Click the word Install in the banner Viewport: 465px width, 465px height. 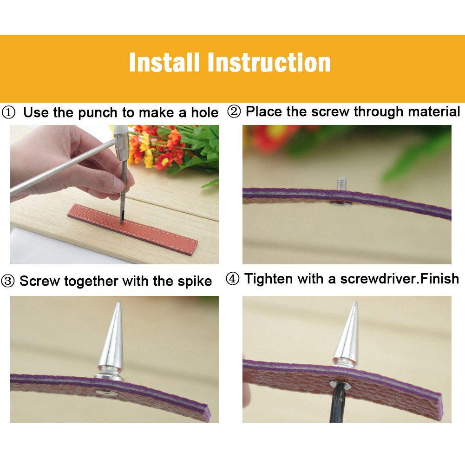click(x=164, y=62)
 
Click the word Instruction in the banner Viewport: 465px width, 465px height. click(x=269, y=62)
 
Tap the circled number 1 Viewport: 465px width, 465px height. click(x=8, y=113)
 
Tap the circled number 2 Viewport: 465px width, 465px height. click(x=234, y=112)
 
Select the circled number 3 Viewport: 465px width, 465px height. click(x=8, y=281)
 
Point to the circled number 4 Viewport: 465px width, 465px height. click(x=232, y=279)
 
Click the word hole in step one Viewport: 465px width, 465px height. click(x=204, y=112)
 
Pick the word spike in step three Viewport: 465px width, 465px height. click(x=195, y=281)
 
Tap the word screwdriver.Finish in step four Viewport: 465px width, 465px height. click(x=400, y=279)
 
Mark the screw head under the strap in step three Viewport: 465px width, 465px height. click(x=105, y=393)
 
